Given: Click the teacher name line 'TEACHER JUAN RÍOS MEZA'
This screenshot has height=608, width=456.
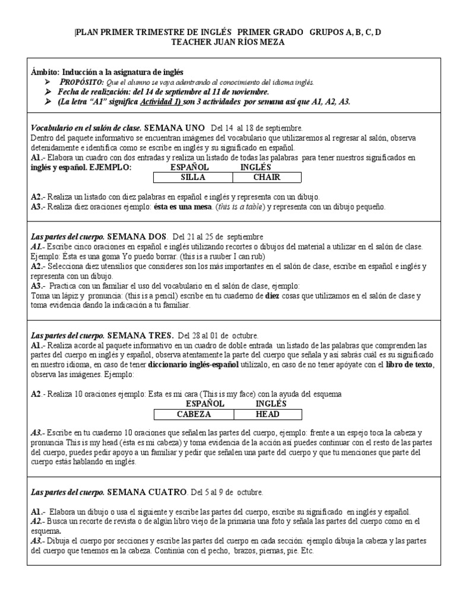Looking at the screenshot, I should pos(228,42).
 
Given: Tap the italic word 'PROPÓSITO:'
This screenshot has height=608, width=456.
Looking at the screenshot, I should pos(82,83).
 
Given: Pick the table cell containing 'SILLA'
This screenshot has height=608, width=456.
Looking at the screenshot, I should pos(191,177).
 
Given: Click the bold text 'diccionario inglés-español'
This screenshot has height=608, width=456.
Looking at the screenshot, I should pos(194,365).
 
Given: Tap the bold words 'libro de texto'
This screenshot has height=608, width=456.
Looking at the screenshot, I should pos(410,365).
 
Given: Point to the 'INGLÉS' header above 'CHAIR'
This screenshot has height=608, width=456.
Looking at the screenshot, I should pos(256,167).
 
